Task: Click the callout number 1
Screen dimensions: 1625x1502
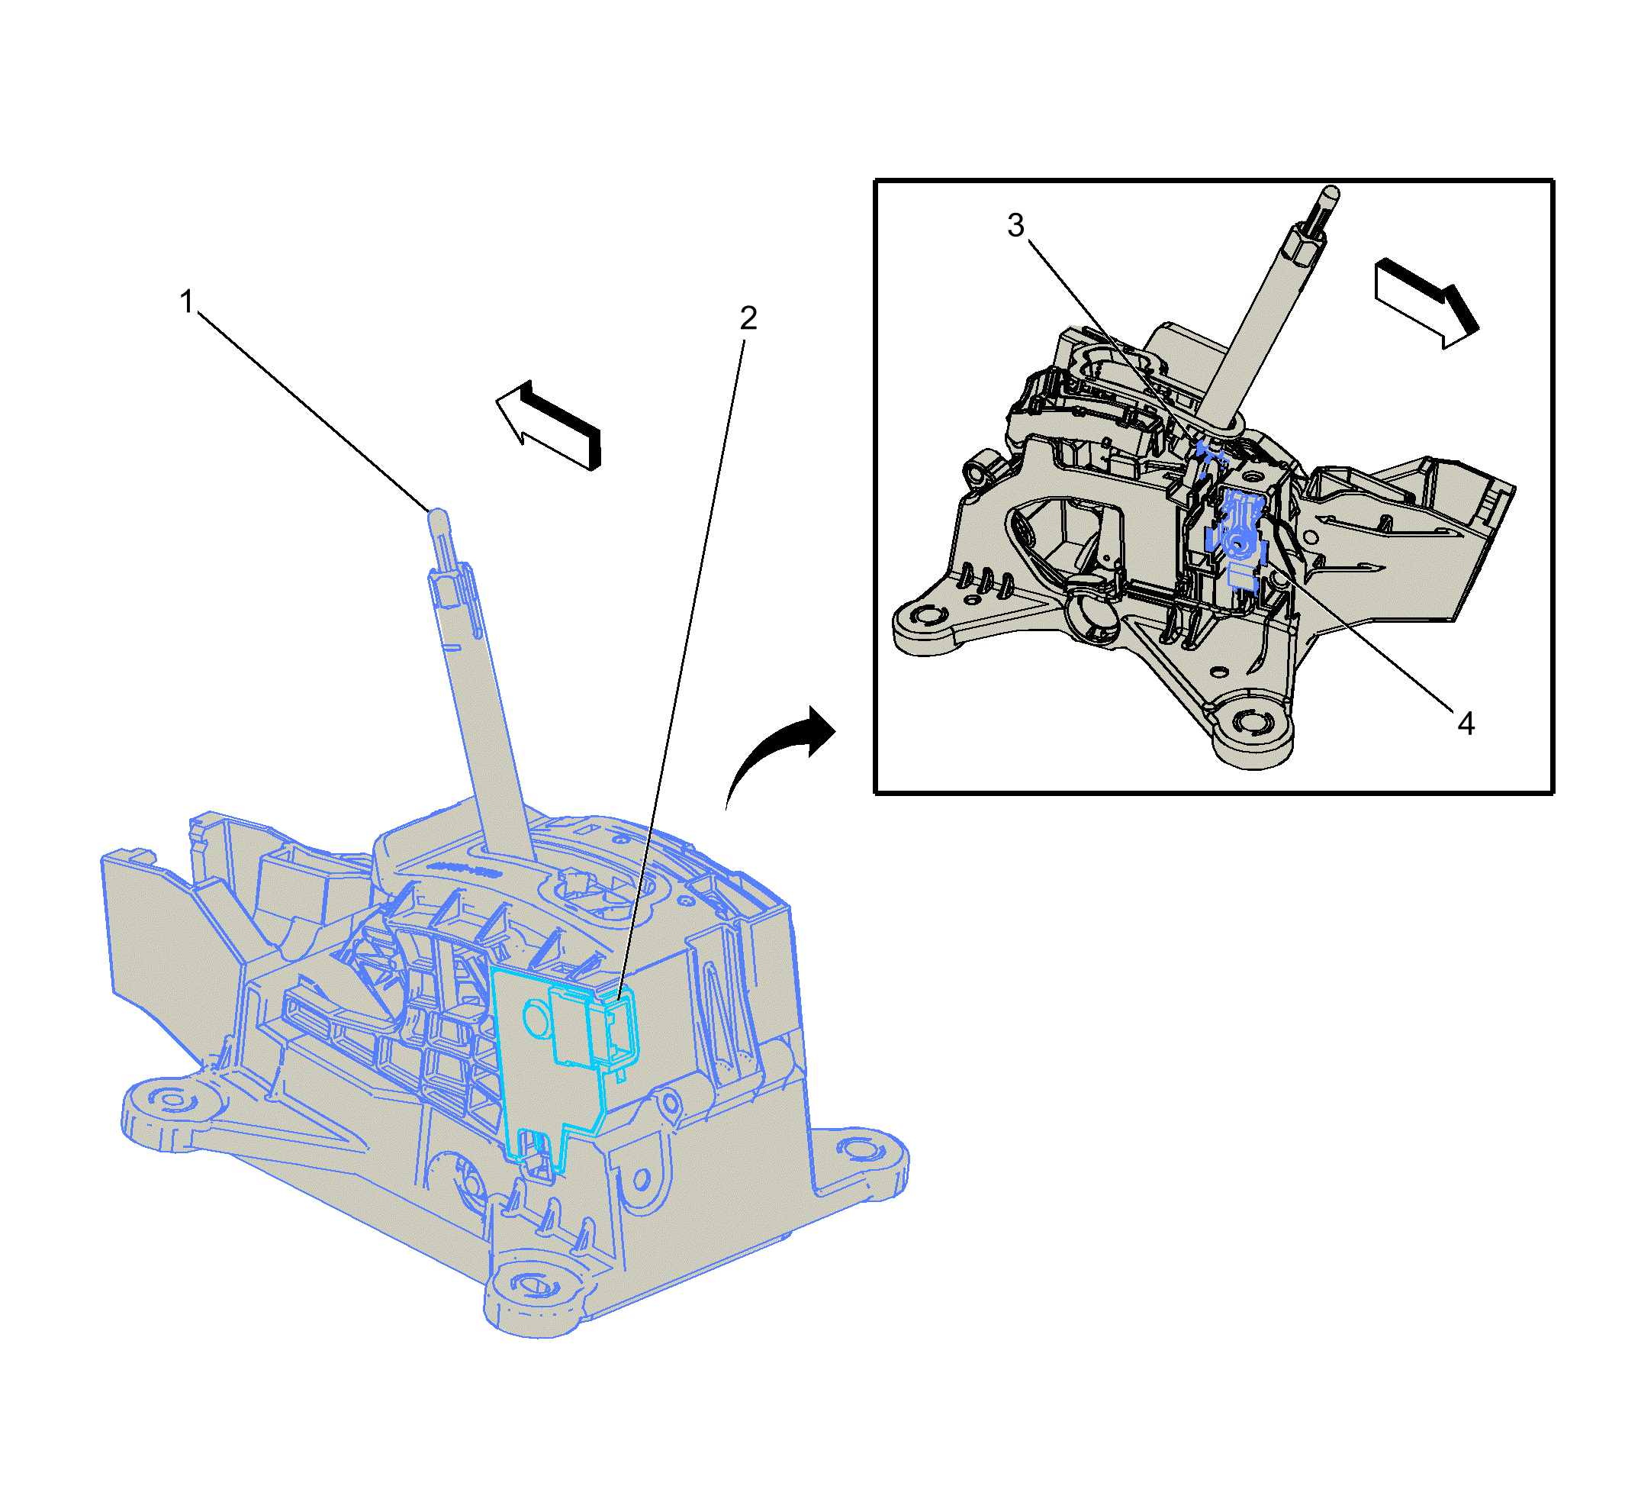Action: pos(187,301)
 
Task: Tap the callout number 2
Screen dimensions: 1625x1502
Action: pos(748,317)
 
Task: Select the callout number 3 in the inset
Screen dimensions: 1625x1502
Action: pos(1015,225)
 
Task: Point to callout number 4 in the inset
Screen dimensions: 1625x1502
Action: pos(1466,723)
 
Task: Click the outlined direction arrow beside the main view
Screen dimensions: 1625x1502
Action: pos(549,424)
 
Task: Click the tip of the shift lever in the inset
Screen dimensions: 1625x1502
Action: pos(1331,193)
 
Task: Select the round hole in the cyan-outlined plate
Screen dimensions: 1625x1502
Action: pos(537,1018)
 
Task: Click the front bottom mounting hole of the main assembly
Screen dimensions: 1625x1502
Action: pos(535,1286)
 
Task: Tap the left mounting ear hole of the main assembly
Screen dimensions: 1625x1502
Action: pos(172,1101)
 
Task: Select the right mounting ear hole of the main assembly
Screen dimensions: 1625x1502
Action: pos(861,1149)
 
